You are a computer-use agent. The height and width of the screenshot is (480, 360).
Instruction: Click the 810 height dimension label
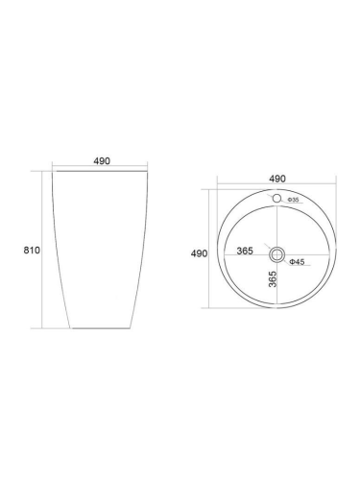[32, 250]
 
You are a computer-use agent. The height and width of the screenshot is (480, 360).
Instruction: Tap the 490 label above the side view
[102, 161]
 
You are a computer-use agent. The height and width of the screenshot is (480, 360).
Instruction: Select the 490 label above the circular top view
[277, 179]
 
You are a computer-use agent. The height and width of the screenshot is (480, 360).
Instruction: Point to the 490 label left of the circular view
[199, 253]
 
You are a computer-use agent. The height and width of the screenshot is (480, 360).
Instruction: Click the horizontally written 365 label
[245, 251]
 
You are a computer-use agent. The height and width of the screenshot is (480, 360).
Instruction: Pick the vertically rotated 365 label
[273, 279]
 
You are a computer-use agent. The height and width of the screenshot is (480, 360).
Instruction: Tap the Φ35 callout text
[293, 200]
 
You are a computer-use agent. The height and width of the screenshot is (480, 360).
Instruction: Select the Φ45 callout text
[297, 262]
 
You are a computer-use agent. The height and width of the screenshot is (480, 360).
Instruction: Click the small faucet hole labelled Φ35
[276, 199]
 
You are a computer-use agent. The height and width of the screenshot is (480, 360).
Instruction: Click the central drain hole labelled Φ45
[276, 254]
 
